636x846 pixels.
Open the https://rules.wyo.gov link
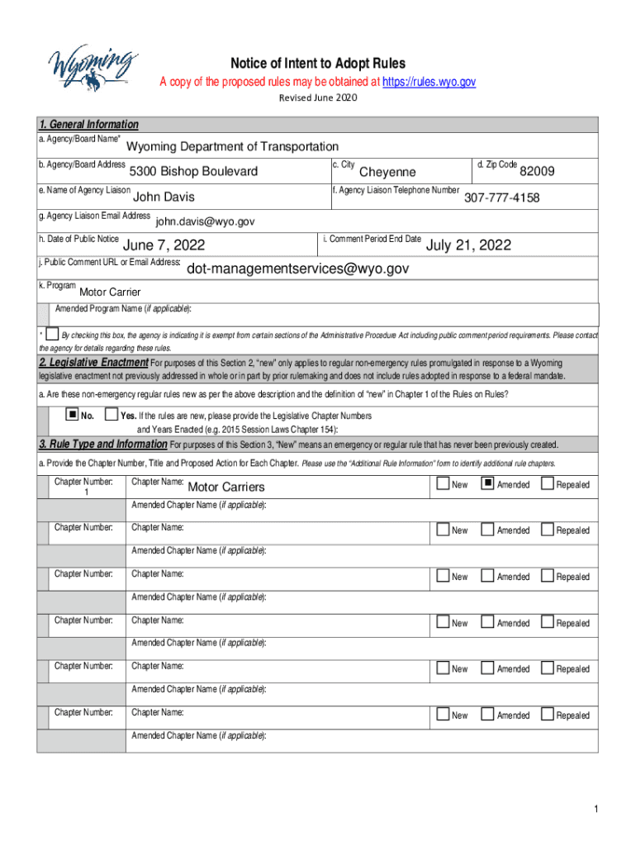[x=428, y=82]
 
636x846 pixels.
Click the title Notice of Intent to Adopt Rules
[x=318, y=64]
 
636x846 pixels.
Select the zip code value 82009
[x=537, y=172]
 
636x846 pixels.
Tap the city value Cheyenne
[x=388, y=172]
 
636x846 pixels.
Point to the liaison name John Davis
[x=164, y=197]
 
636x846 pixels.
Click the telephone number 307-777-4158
[x=501, y=197]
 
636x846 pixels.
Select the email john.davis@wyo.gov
[x=205, y=221]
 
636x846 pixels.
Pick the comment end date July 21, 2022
[x=468, y=245]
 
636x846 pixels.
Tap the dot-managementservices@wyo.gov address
[x=297, y=269]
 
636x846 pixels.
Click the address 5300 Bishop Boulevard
[x=193, y=172]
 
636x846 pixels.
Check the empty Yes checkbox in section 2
[x=111, y=414]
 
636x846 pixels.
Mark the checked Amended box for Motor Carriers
[x=487, y=483]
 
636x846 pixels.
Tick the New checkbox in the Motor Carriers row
[x=443, y=483]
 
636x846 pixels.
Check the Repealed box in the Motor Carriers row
[x=547, y=483]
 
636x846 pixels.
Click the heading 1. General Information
[x=89, y=125]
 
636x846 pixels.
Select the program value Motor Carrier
[x=110, y=292]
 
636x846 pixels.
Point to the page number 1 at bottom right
[x=595, y=809]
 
